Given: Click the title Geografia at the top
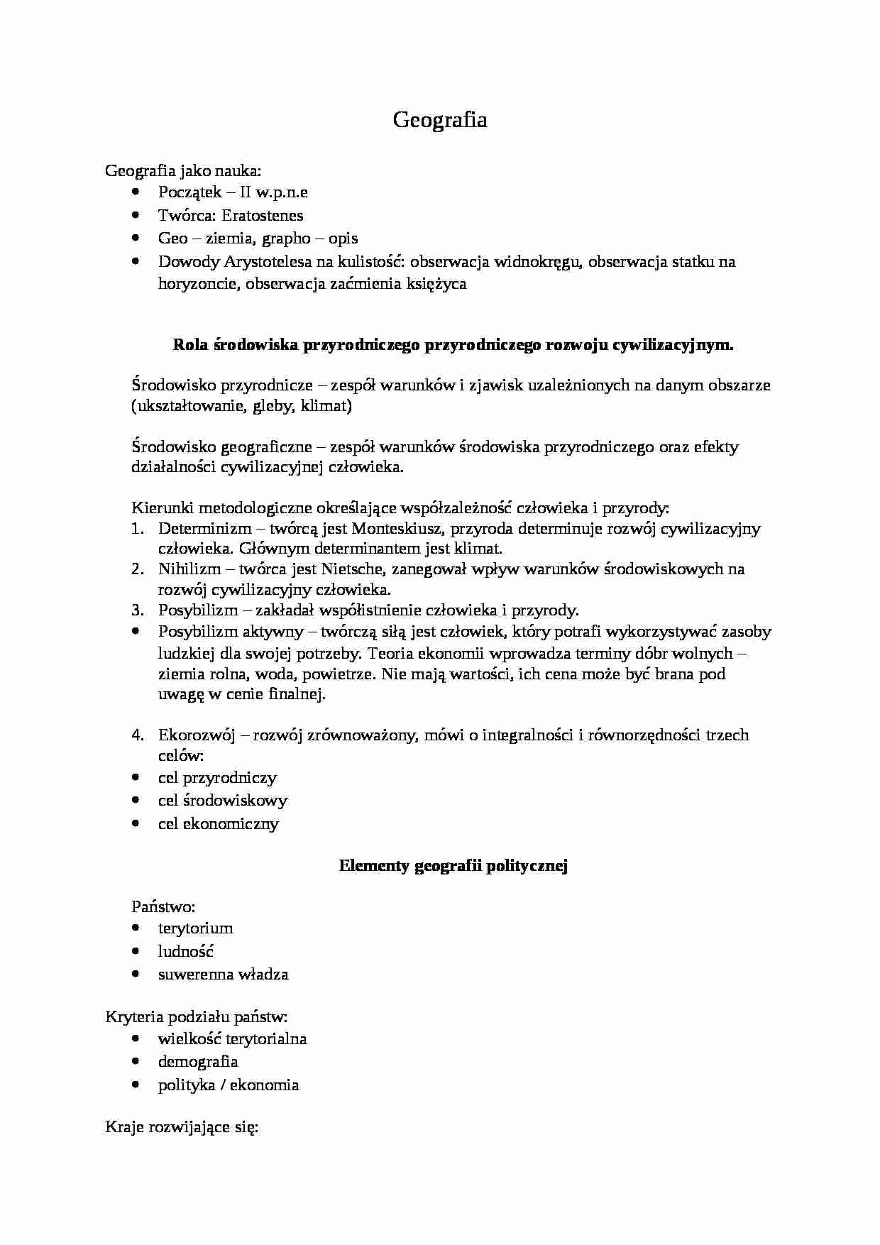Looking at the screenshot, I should tap(440, 120).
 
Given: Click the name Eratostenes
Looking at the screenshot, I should tap(262, 215).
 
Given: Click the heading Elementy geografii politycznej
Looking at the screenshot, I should tap(453, 865).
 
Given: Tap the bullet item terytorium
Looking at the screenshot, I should tap(195, 928).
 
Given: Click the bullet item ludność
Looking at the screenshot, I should tap(186, 951).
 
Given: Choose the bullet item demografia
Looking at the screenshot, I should tap(198, 1062).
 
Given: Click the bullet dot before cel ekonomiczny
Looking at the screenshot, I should tap(136, 823).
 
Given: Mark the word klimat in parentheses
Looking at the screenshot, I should tap(325, 406).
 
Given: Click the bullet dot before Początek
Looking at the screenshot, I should tap(136, 192).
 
